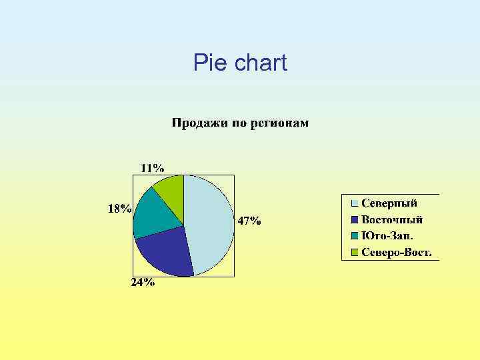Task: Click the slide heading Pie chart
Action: click(x=240, y=63)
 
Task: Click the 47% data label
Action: click(x=249, y=221)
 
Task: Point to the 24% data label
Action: click(x=142, y=283)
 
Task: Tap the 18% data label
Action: click(x=120, y=209)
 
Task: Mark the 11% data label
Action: click(x=152, y=167)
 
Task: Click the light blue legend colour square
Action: click(x=355, y=203)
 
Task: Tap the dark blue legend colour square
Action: click(x=355, y=219)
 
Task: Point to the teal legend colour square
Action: click(x=355, y=236)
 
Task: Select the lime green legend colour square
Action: click(x=355, y=252)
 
